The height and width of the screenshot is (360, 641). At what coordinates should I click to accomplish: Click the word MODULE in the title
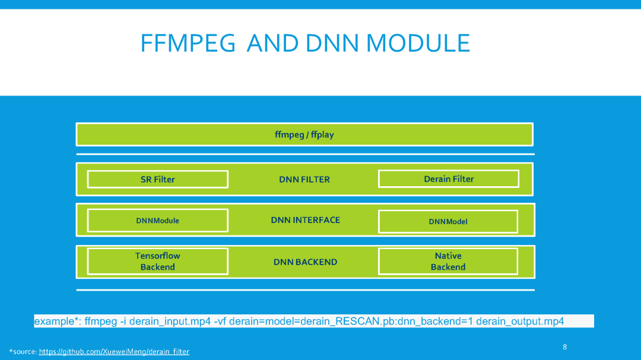[x=418, y=43]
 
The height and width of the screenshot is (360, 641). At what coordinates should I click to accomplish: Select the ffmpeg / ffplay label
[x=304, y=135]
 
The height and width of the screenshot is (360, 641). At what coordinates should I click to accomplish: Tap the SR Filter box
[x=157, y=179]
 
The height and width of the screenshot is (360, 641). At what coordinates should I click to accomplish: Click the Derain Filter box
[x=448, y=179]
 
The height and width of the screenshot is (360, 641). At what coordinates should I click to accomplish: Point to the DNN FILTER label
[x=304, y=179]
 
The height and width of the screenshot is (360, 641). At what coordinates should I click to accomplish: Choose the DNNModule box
[x=157, y=221]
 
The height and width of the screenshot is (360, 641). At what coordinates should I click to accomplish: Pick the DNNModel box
[x=448, y=221]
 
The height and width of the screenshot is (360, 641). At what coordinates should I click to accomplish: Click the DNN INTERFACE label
[x=305, y=220]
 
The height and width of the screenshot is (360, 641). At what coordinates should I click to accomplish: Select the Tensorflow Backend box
[x=157, y=262]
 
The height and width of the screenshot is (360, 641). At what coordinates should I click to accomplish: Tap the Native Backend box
[x=448, y=262]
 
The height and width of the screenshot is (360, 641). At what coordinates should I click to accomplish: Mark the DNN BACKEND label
[x=305, y=262]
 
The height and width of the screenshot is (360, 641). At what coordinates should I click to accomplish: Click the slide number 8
[x=564, y=347]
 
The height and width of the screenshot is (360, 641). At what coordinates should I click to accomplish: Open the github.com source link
[x=114, y=352]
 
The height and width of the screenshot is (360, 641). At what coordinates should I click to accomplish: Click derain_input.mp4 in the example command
[x=170, y=321]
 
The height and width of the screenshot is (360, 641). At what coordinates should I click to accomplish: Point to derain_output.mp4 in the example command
[x=520, y=321]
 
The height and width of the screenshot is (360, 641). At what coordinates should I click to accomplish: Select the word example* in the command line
[x=57, y=321]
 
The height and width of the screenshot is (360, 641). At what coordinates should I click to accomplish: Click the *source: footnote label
[x=23, y=352]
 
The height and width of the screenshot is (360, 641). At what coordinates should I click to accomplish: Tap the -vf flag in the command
[x=220, y=321]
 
